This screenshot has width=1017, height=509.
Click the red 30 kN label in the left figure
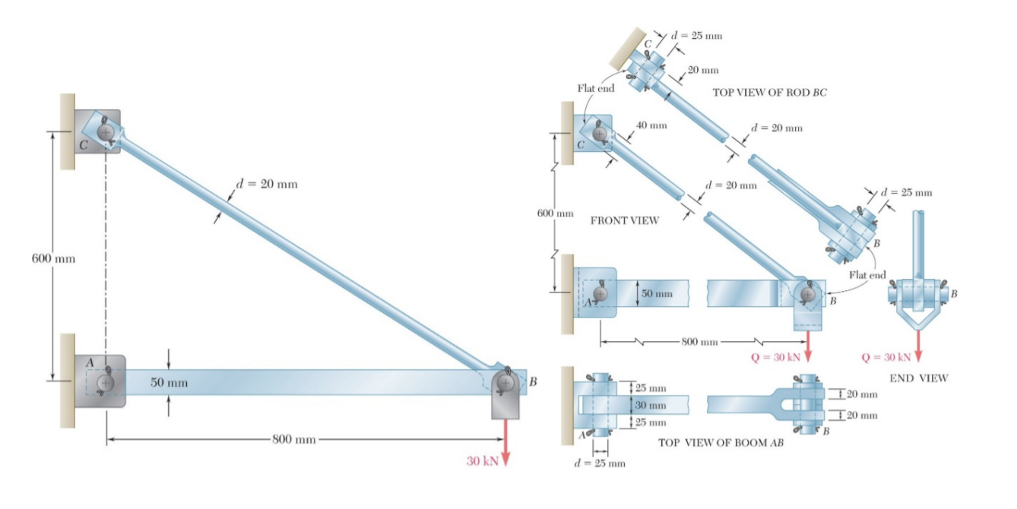coord(481,461)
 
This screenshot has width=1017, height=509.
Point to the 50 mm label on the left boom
coord(169,382)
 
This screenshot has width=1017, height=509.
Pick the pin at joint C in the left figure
coord(107,134)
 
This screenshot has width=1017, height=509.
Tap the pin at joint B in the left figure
coord(504,382)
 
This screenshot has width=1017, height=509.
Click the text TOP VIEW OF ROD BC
coord(768,92)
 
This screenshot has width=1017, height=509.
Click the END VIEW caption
coord(918,378)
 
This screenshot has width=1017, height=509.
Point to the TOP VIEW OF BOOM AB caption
coord(720,441)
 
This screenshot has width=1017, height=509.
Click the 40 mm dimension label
coord(651,125)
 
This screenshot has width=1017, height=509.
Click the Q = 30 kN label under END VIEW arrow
coord(886,357)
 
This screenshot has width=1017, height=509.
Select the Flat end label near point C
coord(595,88)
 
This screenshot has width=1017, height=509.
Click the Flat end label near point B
coord(867,274)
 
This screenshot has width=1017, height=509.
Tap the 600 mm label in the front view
coord(555,213)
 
